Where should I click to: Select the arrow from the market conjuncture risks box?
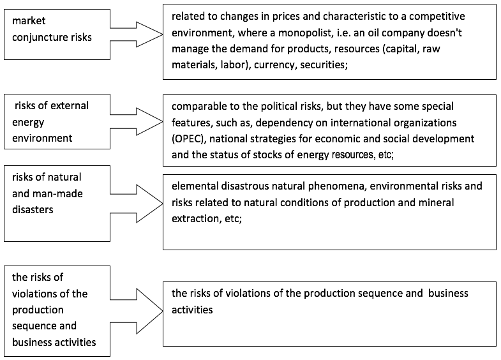point(137,34)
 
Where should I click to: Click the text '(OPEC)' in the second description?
point(189,139)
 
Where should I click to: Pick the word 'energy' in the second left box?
point(28,123)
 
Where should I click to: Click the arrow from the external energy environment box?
point(137,121)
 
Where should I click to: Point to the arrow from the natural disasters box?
point(137,204)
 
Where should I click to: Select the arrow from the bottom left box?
point(137,311)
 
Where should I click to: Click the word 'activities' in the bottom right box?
point(192,310)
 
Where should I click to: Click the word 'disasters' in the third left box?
point(33,209)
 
